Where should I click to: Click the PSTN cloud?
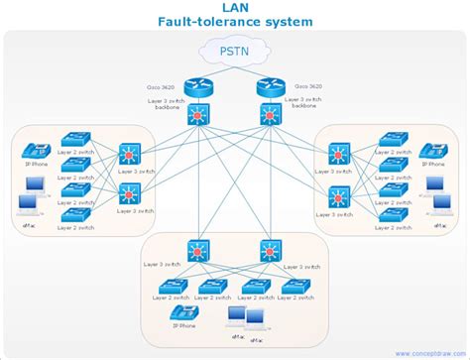pos(234,50)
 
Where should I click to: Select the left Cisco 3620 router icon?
pos(199,86)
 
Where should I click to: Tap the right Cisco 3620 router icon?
pos(269,86)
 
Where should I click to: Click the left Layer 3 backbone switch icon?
pos(199,116)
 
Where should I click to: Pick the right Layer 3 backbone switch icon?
pos(269,116)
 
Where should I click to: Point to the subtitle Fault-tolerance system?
pos(234,21)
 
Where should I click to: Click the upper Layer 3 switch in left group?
pos(130,155)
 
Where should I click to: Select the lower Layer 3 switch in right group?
pos(340,195)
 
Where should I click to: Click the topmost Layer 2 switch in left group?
pos(75,142)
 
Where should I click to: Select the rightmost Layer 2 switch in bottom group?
pos(294,287)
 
